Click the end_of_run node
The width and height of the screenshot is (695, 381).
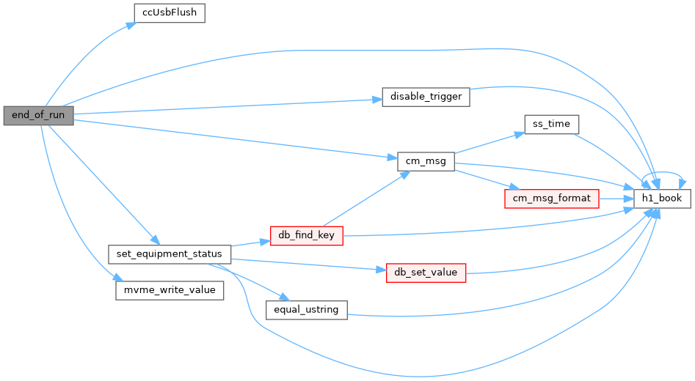(x=39, y=116)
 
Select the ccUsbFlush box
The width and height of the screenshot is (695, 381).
(x=170, y=13)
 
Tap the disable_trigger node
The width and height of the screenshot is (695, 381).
(x=426, y=97)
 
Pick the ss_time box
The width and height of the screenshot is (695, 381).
(x=551, y=125)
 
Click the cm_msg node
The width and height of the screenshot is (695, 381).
(x=426, y=161)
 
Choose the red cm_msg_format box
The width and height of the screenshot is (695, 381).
(x=551, y=199)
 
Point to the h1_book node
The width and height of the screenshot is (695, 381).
(x=662, y=199)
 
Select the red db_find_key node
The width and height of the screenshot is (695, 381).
(x=306, y=236)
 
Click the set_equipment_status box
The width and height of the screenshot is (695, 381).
(x=170, y=254)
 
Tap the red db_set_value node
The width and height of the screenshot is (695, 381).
(x=426, y=273)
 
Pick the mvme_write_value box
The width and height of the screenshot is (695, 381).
(x=170, y=291)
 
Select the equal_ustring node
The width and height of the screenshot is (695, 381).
(x=306, y=310)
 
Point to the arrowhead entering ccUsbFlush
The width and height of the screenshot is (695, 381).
(x=131, y=25)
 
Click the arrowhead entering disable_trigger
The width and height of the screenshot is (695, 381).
(x=377, y=100)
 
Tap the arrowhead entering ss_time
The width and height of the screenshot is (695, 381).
(x=520, y=133)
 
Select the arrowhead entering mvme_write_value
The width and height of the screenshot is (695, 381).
(x=117, y=278)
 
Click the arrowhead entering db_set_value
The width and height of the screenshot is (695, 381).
(x=381, y=270)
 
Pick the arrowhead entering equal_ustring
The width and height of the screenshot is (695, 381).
(x=284, y=297)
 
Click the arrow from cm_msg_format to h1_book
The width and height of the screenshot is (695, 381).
(x=616, y=199)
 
